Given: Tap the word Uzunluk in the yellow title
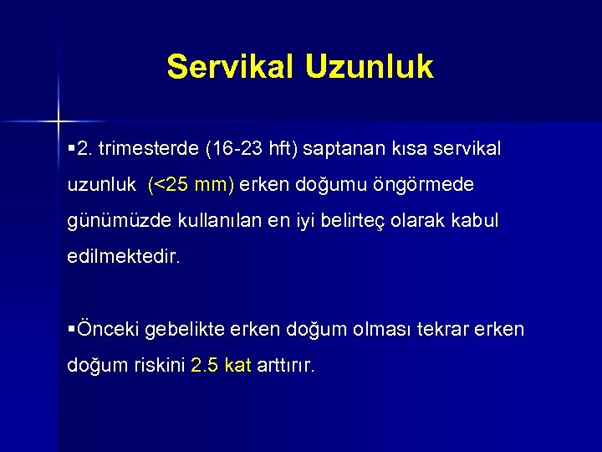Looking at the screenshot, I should click(369, 67).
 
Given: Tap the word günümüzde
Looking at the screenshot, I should click(111, 221).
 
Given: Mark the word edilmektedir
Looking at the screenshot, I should click(123, 257).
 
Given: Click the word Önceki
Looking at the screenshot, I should click(108, 330).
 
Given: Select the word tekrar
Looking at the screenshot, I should click(441, 330).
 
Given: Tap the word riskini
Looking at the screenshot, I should click(158, 366).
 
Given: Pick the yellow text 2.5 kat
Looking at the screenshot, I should click(221, 366).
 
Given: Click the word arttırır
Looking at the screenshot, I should click(286, 366).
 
